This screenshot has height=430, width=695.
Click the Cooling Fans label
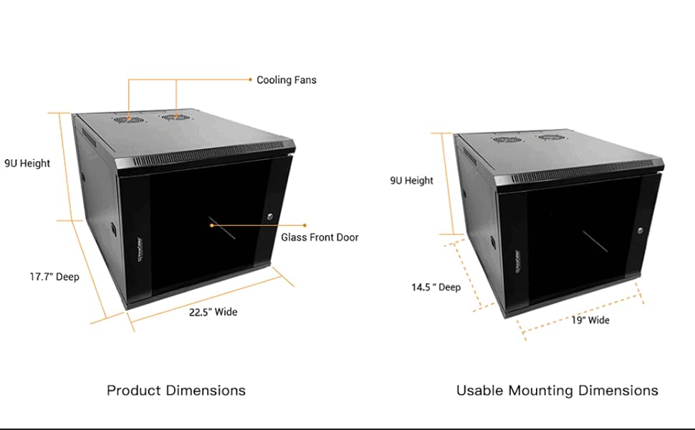click(286, 80)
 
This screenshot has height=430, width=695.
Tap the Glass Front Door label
click(319, 237)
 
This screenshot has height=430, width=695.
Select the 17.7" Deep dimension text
click(54, 277)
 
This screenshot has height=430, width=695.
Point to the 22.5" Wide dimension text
click(213, 312)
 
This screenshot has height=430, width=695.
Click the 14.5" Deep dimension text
click(436, 287)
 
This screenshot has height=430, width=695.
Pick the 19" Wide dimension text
click(590, 320)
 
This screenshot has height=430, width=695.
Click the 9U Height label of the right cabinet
click(411, 181)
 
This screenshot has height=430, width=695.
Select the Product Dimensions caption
click(176, 391)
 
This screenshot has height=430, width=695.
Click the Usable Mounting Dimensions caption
click(557, 391)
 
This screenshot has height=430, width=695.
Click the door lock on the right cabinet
click(641, 230)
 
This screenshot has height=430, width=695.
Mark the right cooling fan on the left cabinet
click(172, 116)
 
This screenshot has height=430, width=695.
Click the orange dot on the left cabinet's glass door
click(212, 225)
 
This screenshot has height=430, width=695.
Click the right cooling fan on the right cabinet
click(548, 137)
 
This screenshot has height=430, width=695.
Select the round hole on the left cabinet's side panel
click(113, 231)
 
